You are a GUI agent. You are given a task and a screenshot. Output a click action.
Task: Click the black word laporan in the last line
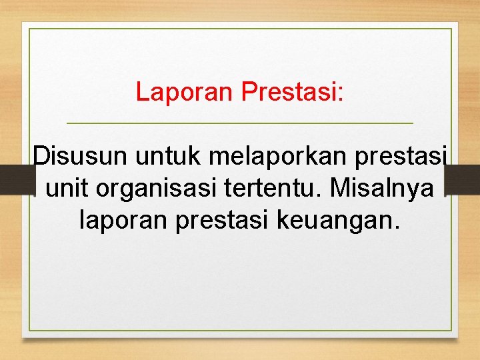[x=124, y=220]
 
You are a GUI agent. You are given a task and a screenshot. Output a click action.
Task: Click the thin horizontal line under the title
[x=240, y=124]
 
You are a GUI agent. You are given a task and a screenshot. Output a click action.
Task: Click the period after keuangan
[x=398, y=227]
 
